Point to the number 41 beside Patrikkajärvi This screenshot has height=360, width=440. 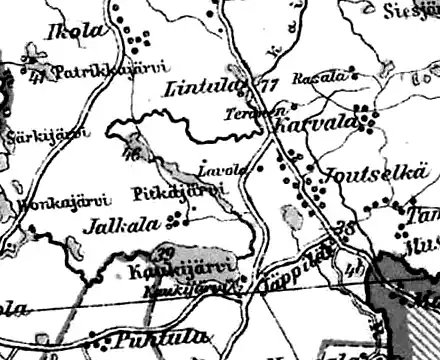pos(36,74)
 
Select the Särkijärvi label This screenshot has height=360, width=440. pos(30,136)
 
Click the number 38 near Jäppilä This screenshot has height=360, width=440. pos(346,229)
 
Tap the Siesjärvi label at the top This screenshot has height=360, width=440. pos(411,10)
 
